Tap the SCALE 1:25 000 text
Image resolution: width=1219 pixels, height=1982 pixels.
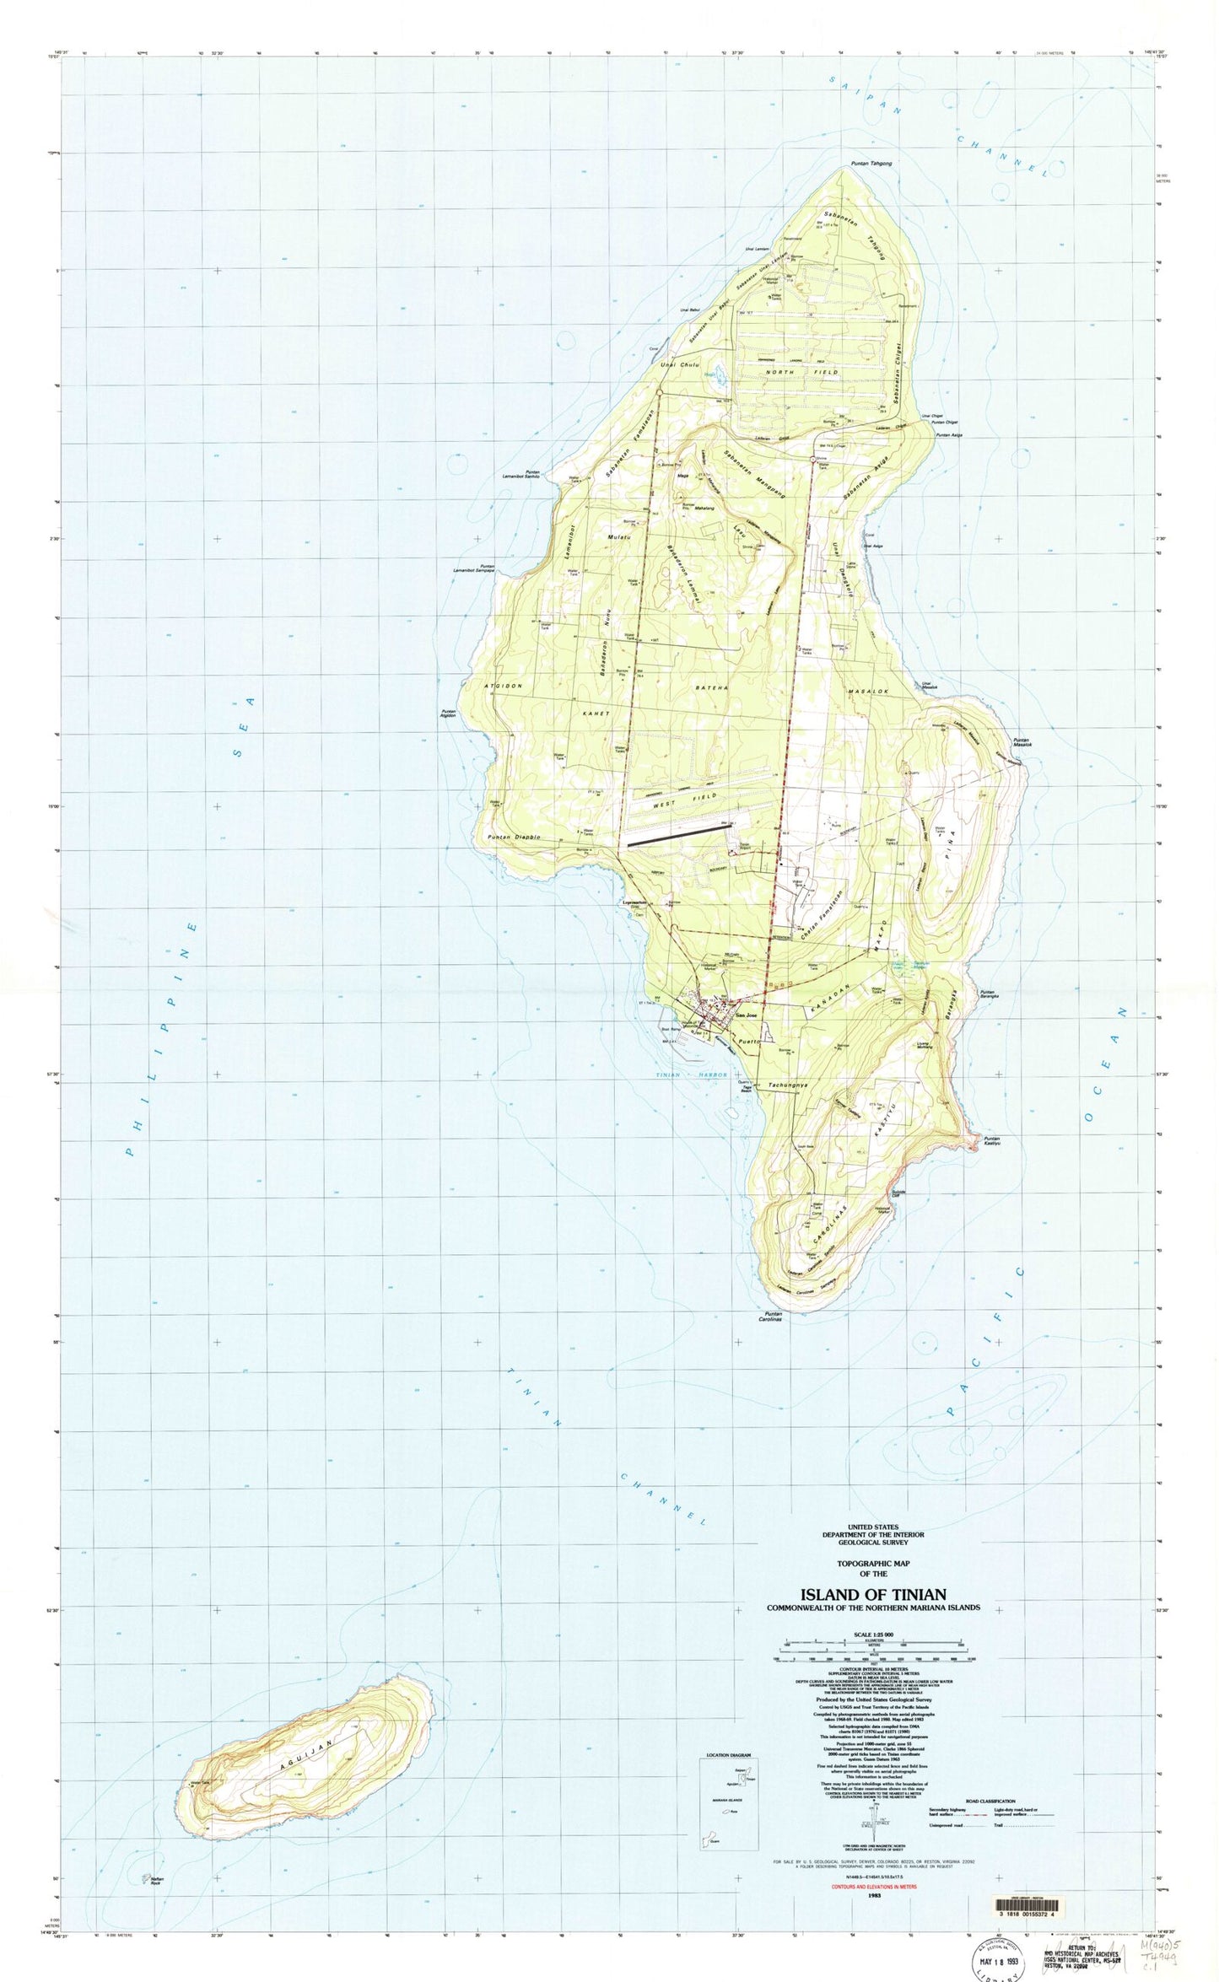coord(872,1635)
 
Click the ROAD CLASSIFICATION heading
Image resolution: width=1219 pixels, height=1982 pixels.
coord(992,1790)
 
